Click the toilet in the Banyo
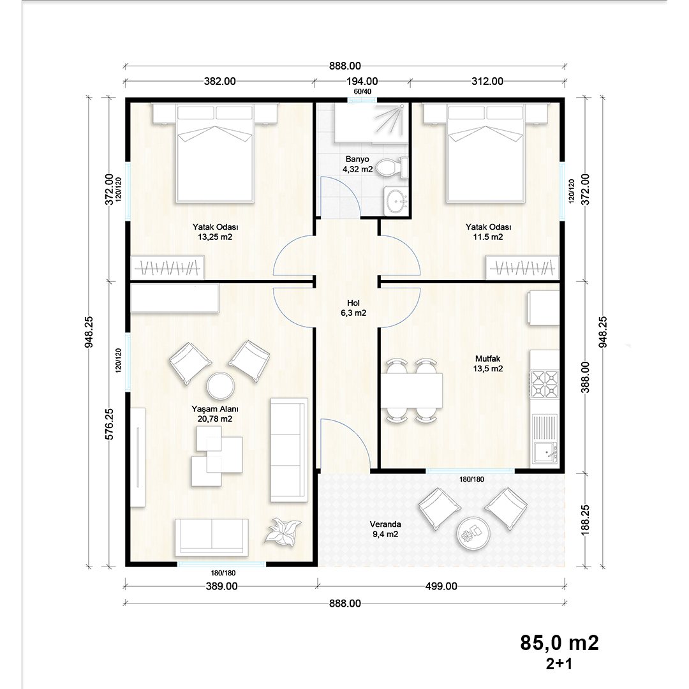[x=392, y=167]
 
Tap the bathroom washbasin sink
[x=397, y=202]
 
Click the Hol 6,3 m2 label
[x=353, y=308]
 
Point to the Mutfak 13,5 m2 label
[x=488, y=364]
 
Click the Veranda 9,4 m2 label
[x=385, y=529]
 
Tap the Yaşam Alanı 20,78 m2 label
[x=215, y=413]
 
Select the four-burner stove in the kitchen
[x=545, y=384]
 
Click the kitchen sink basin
[x=545, y=452]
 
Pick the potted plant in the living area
[x=283, y=531]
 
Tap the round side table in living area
[x=221, y=385]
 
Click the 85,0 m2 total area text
[x=559, y=643]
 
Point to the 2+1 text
[x=559, y=663]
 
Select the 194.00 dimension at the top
[x=363, y=81]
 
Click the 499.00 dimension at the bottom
[x=441, y=586]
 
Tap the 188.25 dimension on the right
[x=585, y=520]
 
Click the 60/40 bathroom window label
[x=362, y=92]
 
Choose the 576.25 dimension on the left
[x=110, y=424]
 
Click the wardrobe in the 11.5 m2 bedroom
[x=522, y=267]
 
